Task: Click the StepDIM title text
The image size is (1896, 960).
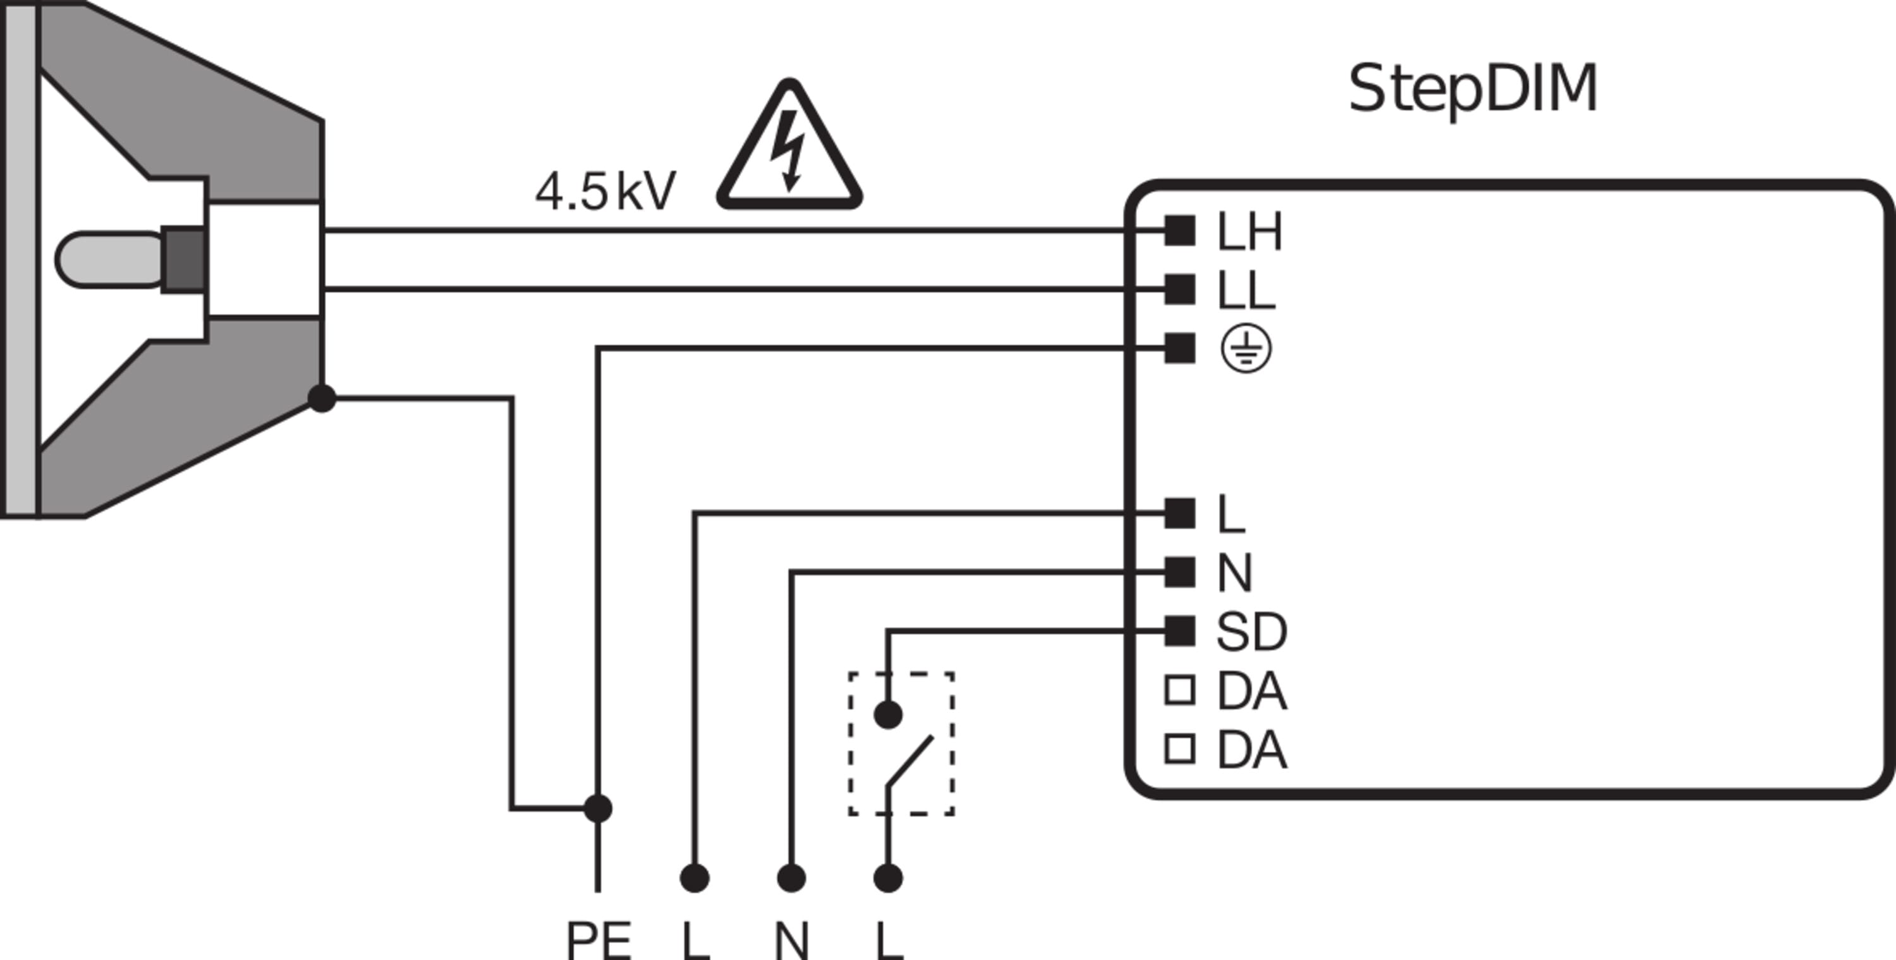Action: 1472,90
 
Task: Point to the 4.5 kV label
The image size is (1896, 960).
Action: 604,192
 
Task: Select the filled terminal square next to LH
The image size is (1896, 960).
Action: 1179,231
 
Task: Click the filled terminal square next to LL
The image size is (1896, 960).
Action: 1179,289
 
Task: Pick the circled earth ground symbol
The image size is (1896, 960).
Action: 1245,349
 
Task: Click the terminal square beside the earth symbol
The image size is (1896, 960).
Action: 1179,348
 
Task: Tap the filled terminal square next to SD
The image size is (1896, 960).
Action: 1179,631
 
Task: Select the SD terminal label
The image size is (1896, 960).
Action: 1251,631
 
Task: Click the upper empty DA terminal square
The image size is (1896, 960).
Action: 1179,691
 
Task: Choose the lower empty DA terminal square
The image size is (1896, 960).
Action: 1179,750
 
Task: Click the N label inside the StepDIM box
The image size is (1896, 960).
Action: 1234,573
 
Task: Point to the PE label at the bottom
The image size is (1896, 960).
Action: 599,941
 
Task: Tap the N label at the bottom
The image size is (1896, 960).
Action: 792,941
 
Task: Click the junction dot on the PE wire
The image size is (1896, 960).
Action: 598,808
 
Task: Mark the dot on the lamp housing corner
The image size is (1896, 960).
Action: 322,398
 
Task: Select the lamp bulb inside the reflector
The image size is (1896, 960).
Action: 111,259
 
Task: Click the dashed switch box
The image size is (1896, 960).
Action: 902,744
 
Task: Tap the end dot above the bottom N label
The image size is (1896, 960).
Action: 791,878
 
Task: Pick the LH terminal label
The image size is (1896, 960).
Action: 1249,232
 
